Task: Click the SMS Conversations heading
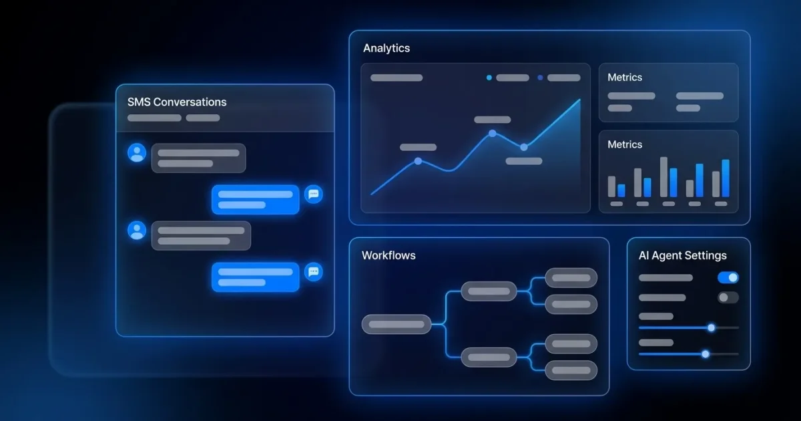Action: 177,102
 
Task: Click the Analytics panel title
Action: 386,48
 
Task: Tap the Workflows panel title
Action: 388,255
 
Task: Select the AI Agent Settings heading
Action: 683,255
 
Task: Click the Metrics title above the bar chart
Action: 625,144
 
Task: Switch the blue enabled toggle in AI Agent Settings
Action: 728,277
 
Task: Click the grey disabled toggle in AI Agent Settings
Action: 728,297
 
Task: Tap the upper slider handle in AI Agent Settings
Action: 712,327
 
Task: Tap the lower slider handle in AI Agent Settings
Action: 705,354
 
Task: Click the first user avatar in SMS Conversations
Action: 137,153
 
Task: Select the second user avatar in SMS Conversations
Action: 137,231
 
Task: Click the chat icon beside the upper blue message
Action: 314,194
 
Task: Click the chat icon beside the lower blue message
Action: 314,272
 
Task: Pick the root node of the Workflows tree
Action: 396,324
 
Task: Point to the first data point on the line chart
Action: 418,162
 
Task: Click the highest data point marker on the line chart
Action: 493,134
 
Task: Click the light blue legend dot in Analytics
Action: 489,78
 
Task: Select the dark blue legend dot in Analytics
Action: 540,78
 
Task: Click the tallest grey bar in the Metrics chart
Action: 663,177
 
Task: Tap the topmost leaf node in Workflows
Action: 571,278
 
